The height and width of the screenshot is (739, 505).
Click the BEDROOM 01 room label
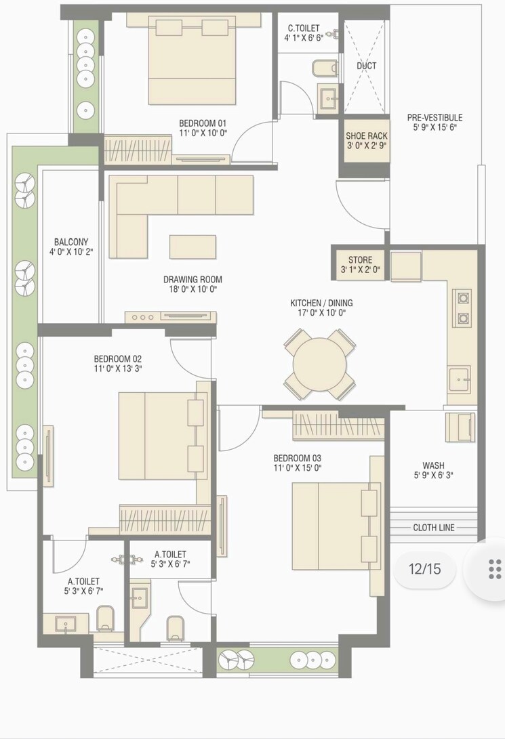tap(202, 123)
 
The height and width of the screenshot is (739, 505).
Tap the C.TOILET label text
tap(303, 28)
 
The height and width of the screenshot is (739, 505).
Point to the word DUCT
tap(366, 66)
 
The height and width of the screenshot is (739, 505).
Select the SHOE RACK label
tap(366, 135)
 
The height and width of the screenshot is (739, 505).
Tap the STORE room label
tap(360, 260)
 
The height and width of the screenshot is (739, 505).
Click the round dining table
tap(319, 364)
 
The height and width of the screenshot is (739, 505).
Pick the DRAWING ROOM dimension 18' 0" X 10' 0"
tap(193, 289)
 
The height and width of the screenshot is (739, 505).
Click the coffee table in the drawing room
tap(193, 247)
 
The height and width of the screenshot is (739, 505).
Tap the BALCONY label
tap(71, 242)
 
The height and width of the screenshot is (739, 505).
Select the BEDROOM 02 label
tap(117, 358)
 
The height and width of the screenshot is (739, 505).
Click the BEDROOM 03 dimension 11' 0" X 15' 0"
tap(297, 468)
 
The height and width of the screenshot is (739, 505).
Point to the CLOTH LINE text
tap(434, 527)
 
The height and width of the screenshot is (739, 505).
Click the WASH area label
tap(433, 465)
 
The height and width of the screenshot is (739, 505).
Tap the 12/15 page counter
tap(424, 568)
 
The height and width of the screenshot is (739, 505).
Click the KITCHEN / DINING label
tap(321, 303)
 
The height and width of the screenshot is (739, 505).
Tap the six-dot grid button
tap(495, 569)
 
